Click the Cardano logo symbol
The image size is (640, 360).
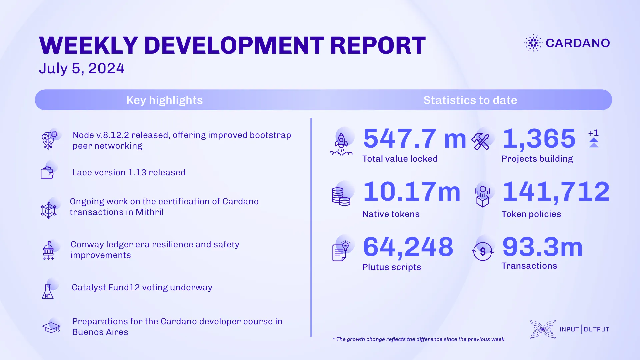click(x=533, y=43)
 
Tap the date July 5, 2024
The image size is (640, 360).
click(x=82, y=68)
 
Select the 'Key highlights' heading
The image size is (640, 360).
click(x=164, y=100)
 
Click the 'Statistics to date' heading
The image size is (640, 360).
click(x=470, y=100)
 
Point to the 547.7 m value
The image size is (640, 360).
click(x=414, y=139)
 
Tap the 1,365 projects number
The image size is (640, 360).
click(x=539, y=139)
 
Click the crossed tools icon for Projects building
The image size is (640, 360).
click(x=481, y=141)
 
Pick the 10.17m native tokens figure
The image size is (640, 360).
click(x=412, y=192)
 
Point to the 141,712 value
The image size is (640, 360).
click(x=556, y=192)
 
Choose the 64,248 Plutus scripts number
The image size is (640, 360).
click(x=408, y=247)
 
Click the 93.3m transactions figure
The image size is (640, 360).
click(x=542, y=247)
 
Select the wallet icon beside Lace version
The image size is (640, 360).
click(x=47, y=173)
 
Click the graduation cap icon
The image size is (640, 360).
click(x=51, y=327)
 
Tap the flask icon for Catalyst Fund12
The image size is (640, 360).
click(x=48, y=291)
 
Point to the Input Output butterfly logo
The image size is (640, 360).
click(x=543, y=329)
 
